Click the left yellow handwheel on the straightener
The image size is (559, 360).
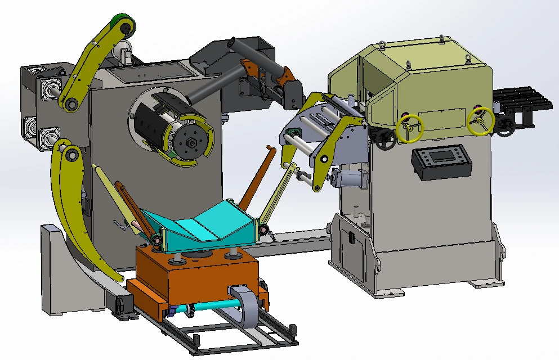(410, 129)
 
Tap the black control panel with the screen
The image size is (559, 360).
(441, 161)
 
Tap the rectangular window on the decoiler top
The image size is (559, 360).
(149, 71)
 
